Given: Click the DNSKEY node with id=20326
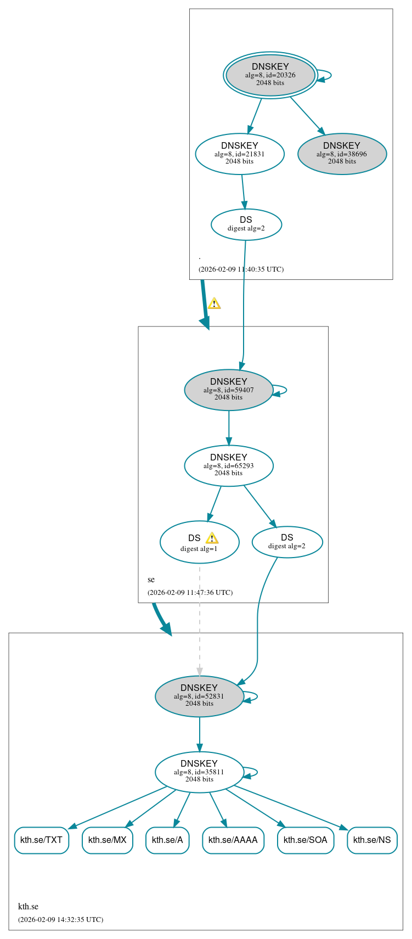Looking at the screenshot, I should (x=270, y=75).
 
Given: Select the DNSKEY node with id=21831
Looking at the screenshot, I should (x=240, y=154).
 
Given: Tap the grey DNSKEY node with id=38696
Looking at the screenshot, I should (x=342, y=154).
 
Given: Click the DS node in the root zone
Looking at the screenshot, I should (x=246, y=224).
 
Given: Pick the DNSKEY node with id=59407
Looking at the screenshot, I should (x=229, y=390).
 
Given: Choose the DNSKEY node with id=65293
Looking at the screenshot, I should (x=229, y=466).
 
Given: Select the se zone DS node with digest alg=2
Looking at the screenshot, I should (x=287, y=542).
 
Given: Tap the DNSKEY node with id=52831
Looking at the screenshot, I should (x=199, y=696).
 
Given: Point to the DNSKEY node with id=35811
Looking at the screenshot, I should (x=199, y=772).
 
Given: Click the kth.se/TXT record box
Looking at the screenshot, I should (x=41, y=840).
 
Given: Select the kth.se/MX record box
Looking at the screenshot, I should (x=108, y=840).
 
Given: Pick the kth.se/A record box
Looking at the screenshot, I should (x=167, y=840).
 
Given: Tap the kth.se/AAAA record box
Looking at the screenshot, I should (x=233, y=840).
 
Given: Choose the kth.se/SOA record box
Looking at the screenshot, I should (x=306, y=840).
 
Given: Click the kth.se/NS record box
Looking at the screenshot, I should (x=372, y=840).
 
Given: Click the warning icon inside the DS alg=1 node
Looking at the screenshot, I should (x=212, y=538).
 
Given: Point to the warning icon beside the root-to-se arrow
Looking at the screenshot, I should (x=214, y=303).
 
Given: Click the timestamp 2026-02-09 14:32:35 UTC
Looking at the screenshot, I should (x=60, y=919).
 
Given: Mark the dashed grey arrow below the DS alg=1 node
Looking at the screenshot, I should (x=200, y=620).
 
